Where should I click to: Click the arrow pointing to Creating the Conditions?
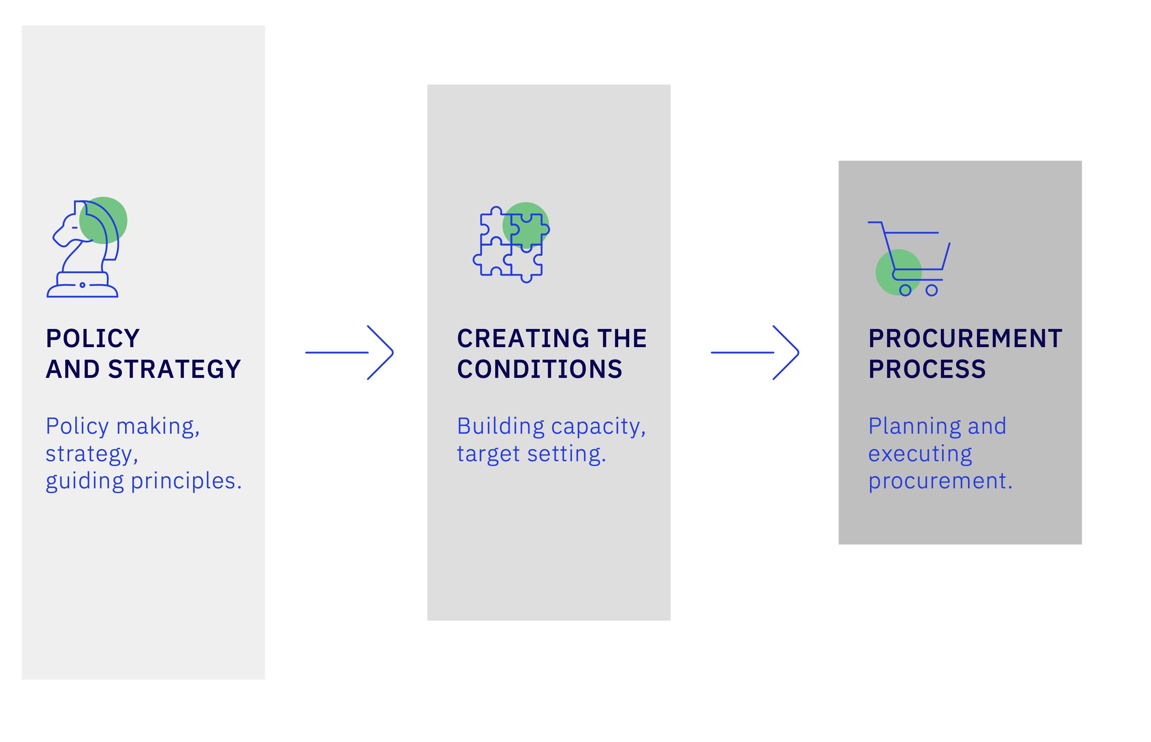tap(349, 353)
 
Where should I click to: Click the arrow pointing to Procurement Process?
tap(755, 353)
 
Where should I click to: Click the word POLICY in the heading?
tap(93, 339)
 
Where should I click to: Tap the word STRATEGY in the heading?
tap(174, 369)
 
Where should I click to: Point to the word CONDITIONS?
tap(540, 369)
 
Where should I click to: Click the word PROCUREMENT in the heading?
tap(966, 339)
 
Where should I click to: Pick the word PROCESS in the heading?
tap(928, 369)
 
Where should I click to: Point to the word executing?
tap(920, 454)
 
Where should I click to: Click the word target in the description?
tap(488, 454)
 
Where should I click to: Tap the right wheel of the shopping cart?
tap(932, 290)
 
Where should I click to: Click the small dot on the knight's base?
tap(83, 285)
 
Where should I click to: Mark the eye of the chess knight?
tap(75, 227)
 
